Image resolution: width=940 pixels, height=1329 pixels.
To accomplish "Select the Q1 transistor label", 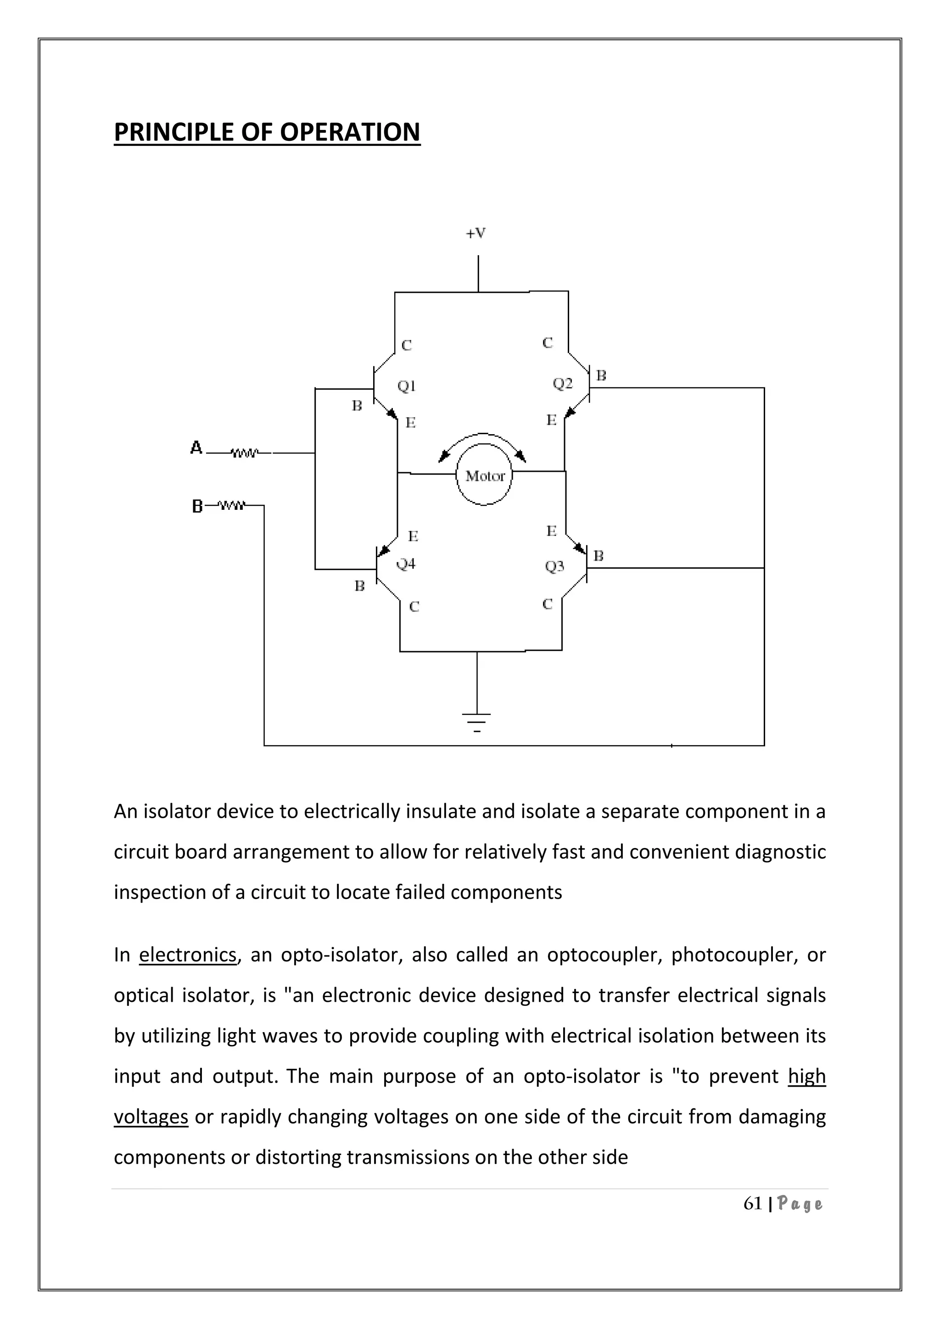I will pos(407,385).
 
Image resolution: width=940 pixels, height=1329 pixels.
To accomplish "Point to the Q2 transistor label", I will pos(562,383).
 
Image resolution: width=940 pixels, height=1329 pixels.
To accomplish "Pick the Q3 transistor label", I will pos(554,566).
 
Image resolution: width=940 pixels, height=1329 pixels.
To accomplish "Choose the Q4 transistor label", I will pos(406,564).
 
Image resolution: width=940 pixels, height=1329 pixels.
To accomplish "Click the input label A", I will pos(196,448).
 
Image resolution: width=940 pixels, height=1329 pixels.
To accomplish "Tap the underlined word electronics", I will pos(188,954).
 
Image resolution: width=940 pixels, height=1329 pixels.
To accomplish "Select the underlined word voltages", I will pos(151,1116).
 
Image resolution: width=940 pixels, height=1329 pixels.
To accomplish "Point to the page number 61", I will pos(752,1204).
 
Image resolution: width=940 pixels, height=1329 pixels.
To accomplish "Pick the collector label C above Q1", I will pos(406,346).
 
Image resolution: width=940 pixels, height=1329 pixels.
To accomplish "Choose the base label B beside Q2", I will pos(601,376).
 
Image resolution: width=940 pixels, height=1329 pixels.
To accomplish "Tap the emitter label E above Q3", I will pos(551,531).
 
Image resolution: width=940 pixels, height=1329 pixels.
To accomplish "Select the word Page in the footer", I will pos(800,1205).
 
